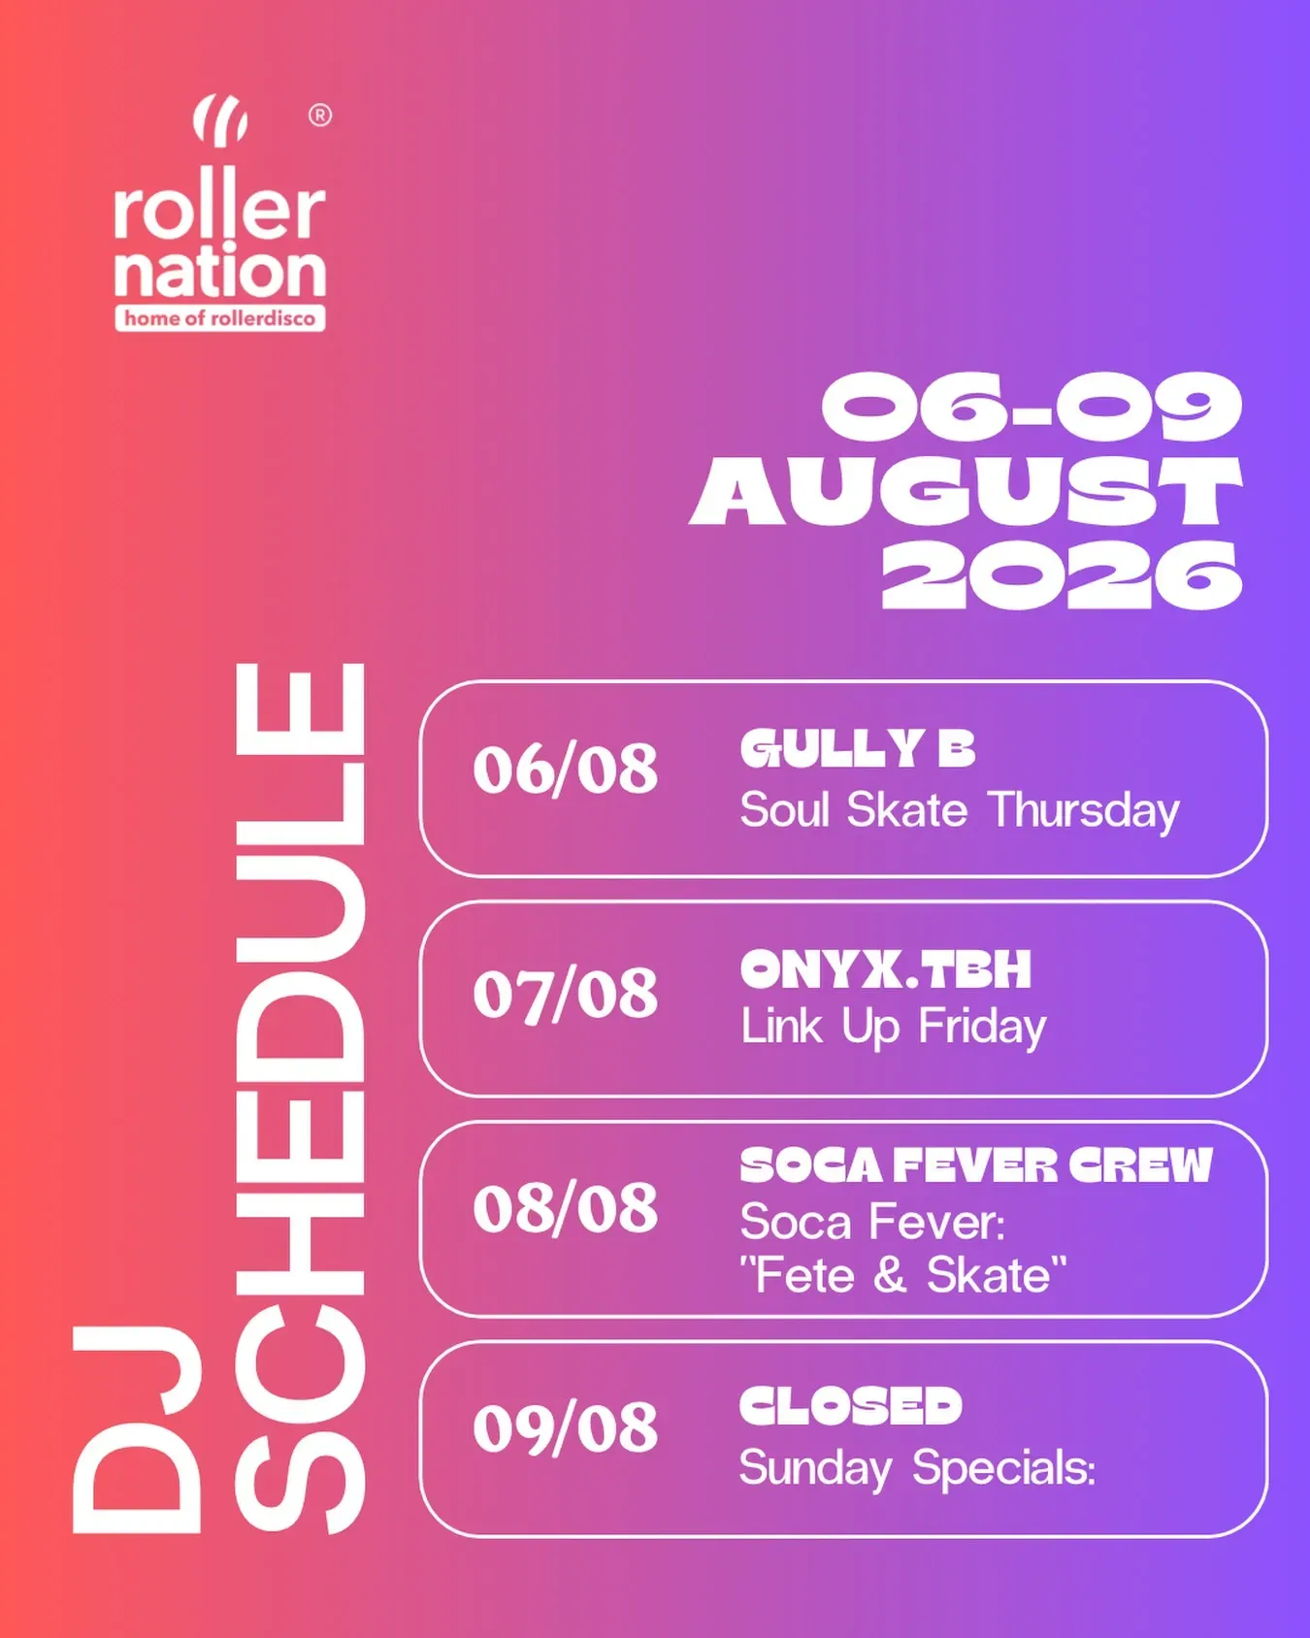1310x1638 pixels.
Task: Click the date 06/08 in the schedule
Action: pos(566,770)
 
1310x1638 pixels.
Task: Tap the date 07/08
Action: pos(566,995)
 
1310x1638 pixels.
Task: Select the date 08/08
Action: pos(566,1209)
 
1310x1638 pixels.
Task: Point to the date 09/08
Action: pos(566,1428)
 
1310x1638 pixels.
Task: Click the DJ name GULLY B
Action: pos(858,748)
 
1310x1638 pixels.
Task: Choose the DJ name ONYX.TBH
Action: pos(886,969)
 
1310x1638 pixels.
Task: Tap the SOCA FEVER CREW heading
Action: pos(976,1165)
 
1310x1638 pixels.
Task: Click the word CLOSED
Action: pos(851,1406)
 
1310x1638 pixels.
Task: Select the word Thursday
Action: pos(1084,811)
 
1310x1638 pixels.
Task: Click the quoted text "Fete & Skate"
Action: pos(903,1275)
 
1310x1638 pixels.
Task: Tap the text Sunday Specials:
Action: pos(918,1469)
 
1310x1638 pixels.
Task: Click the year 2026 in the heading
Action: pos(1062,575)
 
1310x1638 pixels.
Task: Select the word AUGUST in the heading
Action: pos(966,492)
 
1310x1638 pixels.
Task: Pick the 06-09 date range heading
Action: pos(1032,408)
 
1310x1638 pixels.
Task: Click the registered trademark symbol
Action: pos(320,115)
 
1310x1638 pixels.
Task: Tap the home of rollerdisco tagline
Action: pos(220,318)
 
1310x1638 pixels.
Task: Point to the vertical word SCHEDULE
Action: pos(300,1098)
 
